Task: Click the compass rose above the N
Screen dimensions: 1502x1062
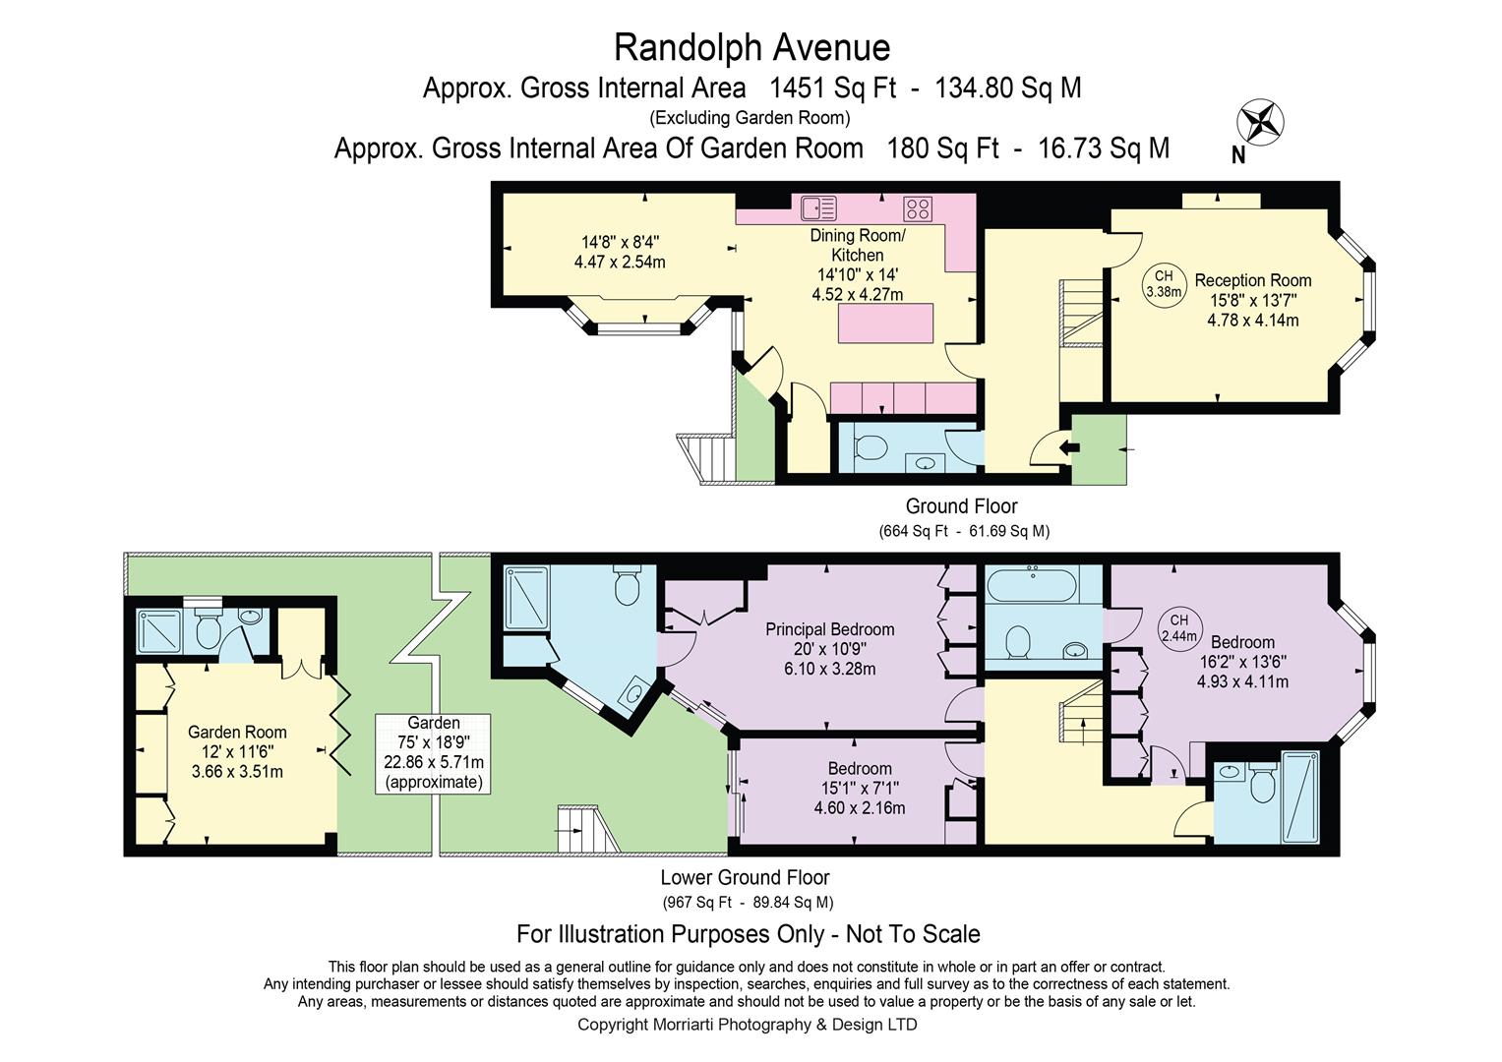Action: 1261,122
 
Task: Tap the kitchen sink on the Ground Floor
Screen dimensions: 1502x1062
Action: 818,207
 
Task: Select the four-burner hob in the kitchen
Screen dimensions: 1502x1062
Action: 917,208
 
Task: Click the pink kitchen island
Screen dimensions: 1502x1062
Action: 886,324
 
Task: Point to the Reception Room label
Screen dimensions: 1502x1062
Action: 1252,280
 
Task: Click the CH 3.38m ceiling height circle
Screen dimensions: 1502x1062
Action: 1164,284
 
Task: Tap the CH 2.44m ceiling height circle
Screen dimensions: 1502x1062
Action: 1178,629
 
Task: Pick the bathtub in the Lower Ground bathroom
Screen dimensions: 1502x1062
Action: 1032,584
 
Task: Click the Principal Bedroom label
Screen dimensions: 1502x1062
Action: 829,629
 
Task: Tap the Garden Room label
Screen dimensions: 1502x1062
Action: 237,733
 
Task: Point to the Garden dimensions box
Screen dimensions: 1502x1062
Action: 433,753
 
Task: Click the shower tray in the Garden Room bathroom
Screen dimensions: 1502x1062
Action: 159,631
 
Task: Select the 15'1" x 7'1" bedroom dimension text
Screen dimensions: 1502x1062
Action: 860,788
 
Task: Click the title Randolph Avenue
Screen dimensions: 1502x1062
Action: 751,47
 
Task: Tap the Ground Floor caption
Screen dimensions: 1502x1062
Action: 962,505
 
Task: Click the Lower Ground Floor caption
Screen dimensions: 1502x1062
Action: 745,877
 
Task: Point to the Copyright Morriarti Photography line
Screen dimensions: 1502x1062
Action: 747,1025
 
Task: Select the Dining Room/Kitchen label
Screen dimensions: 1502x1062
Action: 858,246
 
